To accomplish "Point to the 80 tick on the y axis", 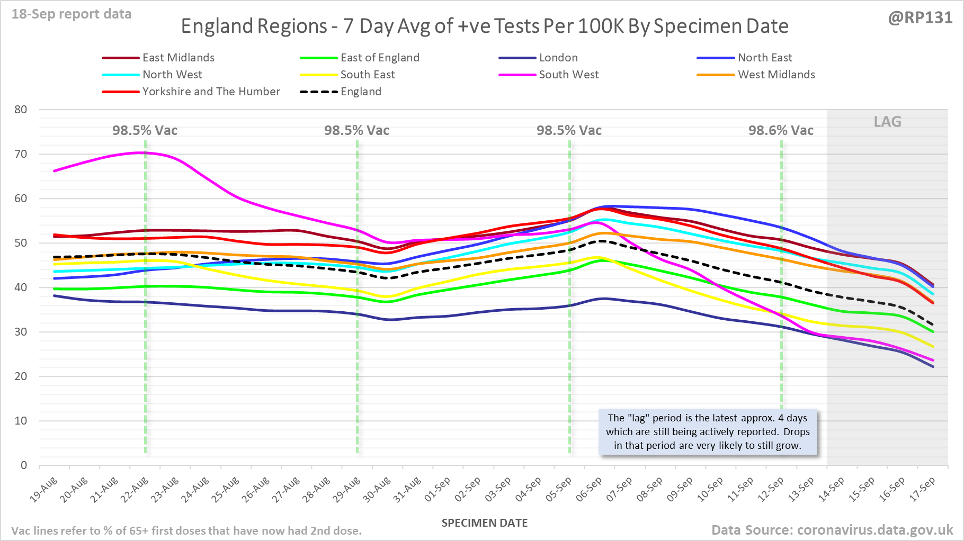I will (x=21, y=110).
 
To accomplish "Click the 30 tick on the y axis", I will (x=21, y=332).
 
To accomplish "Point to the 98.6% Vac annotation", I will (x=781, y=131).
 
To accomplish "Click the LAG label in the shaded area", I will (x=887, y=122).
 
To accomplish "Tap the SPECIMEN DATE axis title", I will (x=485, y=523).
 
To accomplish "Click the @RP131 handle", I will (x=920, y=18).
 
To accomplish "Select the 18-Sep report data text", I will (x=72, y=14).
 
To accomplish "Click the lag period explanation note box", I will (x=708, y=432).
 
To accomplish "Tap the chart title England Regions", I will (x=485, y=26).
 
